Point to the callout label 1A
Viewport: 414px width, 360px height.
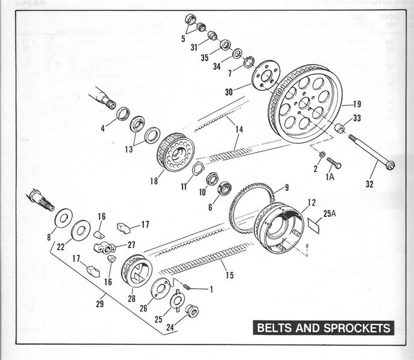point(329,178)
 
